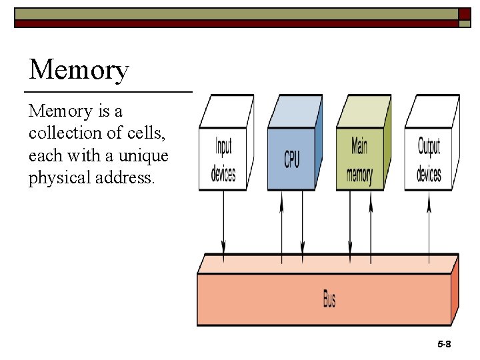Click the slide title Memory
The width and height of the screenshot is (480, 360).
79,70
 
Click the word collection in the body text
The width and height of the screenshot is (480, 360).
67,133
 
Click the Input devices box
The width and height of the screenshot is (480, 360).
223,159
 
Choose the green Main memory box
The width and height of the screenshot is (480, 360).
360,159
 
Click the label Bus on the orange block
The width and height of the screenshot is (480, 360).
329,299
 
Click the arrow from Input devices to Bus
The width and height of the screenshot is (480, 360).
223,223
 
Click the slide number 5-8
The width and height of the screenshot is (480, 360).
444,344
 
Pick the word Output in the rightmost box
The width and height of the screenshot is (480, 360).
429,146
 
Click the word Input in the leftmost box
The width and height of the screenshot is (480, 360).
223,146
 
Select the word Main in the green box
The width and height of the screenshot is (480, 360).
360,146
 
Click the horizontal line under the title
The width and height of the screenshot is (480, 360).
109,91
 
